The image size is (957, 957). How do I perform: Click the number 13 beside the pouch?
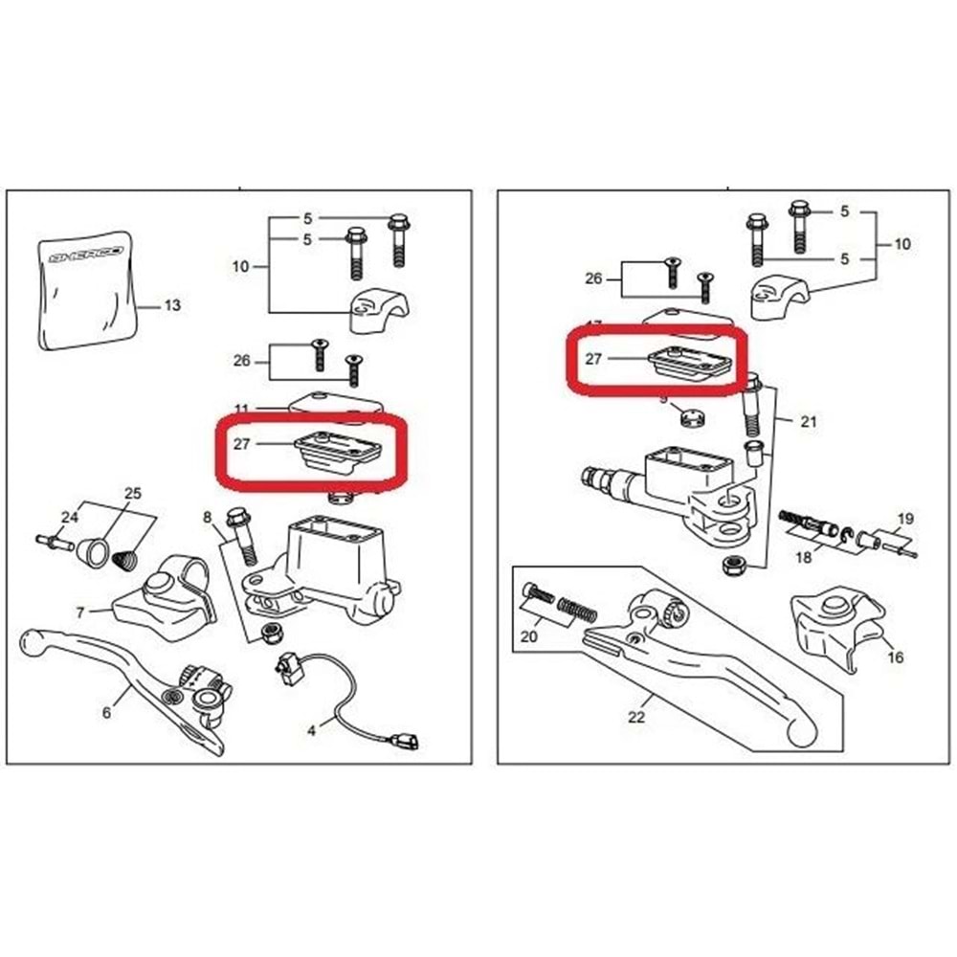click(x=172, y=306)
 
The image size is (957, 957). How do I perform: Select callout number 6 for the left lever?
click(x=106, y=712)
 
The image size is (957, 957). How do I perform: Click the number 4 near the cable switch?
click(x=311, y=730)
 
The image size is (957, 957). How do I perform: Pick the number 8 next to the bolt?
click(x=207, y=518)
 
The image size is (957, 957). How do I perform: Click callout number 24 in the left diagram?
click(x=67, y=518)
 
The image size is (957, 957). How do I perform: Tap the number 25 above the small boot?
click(x=133, y=494)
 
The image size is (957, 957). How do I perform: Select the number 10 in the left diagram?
click(x=240, y=265)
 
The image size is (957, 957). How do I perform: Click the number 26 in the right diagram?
click(x=593, y=279)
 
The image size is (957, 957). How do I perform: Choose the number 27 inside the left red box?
click(x=241, y=443)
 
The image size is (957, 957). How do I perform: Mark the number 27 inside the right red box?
click(x=593, y=360)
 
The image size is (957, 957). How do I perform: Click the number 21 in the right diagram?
click(x=809, y=421)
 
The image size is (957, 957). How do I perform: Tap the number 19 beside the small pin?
click(x=905, y=520)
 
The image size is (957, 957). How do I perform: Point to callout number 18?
click(x=802, y=555)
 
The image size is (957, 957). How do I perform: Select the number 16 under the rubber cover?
click(x=896, y=657)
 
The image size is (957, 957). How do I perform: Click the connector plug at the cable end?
click(x=407, y=740)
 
